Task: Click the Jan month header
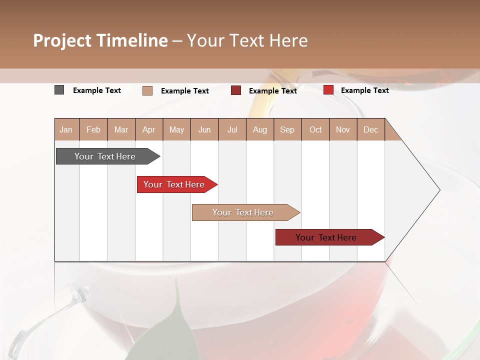(66, 130)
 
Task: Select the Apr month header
(148, 130)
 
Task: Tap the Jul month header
(232, 130)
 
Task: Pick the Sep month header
(287, 130)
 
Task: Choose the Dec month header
(370, 130)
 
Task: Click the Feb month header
(93, 130)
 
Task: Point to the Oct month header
(315, 130)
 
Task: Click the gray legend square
(59, 90)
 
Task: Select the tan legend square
(147, 90)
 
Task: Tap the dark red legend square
(236, 90)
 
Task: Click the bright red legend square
(328, 90)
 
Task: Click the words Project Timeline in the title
(100, 40)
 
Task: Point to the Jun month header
(204, 130)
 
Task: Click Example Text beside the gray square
(97, 90)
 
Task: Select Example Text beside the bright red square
(364, 90)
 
